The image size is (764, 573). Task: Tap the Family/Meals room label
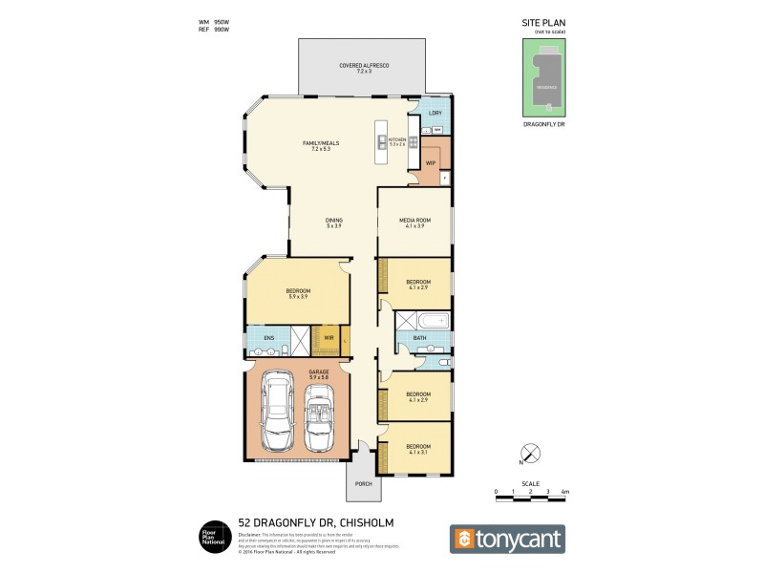pos(321,146)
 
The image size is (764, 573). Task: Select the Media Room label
pos(415,223)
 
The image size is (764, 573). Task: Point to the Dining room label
pos(333,223)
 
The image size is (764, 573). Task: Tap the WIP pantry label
pos(430,163)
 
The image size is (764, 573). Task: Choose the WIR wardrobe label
pos(329,337)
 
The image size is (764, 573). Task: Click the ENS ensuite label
pos(256,337)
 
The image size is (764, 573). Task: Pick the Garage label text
pos(318,374)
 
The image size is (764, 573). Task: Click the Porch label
pos(363,483)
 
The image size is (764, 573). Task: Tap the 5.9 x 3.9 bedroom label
pos(299,293)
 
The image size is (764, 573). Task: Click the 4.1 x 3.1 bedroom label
pos(418,451)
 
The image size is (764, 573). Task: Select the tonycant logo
pos(507,539)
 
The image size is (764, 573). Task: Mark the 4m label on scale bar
pos(565,492)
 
